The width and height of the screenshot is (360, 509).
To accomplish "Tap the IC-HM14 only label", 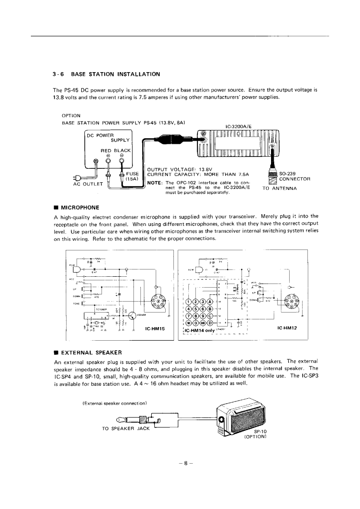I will point(198,330).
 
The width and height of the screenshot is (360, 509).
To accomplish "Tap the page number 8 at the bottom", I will point(180,463).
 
